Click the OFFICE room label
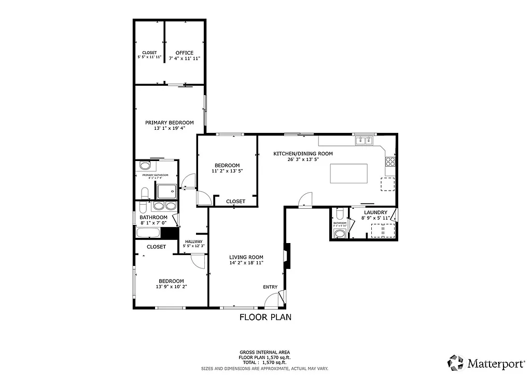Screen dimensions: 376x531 tap(184, 53)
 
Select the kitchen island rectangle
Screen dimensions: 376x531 tap(349, 173)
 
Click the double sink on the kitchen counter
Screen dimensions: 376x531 tap(364, 140)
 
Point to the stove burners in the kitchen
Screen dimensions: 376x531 tap(390, 160)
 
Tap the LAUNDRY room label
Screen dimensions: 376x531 tap(375, 212)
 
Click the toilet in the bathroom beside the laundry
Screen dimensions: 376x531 tap(339, 213)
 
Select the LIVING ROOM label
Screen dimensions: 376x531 tap(246, 257)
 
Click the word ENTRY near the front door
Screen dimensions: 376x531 tap(270, 287)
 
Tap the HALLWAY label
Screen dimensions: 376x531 tap(193, 241)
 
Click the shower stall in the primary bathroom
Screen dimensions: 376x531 tap(166, 192)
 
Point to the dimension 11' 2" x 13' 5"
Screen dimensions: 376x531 tap(227, 170)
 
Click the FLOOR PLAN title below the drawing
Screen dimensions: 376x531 tap(265, 317)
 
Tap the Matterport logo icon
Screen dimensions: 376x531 tap(456, 362)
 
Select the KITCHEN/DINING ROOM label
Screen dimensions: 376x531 tap(303, 154)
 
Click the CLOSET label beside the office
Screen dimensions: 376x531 tap(149, 53)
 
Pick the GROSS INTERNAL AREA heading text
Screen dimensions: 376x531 tap(264, 352)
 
